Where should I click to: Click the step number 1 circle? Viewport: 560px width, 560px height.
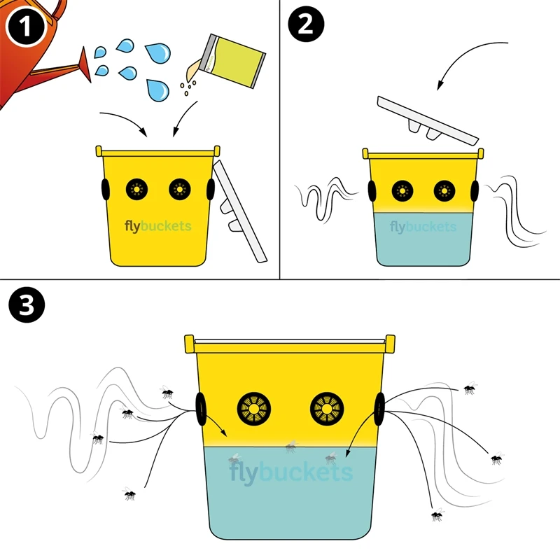25,28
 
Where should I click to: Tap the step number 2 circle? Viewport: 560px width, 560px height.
307,28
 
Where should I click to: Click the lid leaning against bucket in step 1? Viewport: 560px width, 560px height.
238,210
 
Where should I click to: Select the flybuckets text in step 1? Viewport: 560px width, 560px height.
157,226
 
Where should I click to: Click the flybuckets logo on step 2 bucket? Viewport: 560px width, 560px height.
423,227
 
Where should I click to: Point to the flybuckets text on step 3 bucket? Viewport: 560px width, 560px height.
290,472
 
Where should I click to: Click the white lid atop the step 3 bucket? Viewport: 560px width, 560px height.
290,344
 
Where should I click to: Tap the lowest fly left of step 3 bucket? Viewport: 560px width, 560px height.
129,494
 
